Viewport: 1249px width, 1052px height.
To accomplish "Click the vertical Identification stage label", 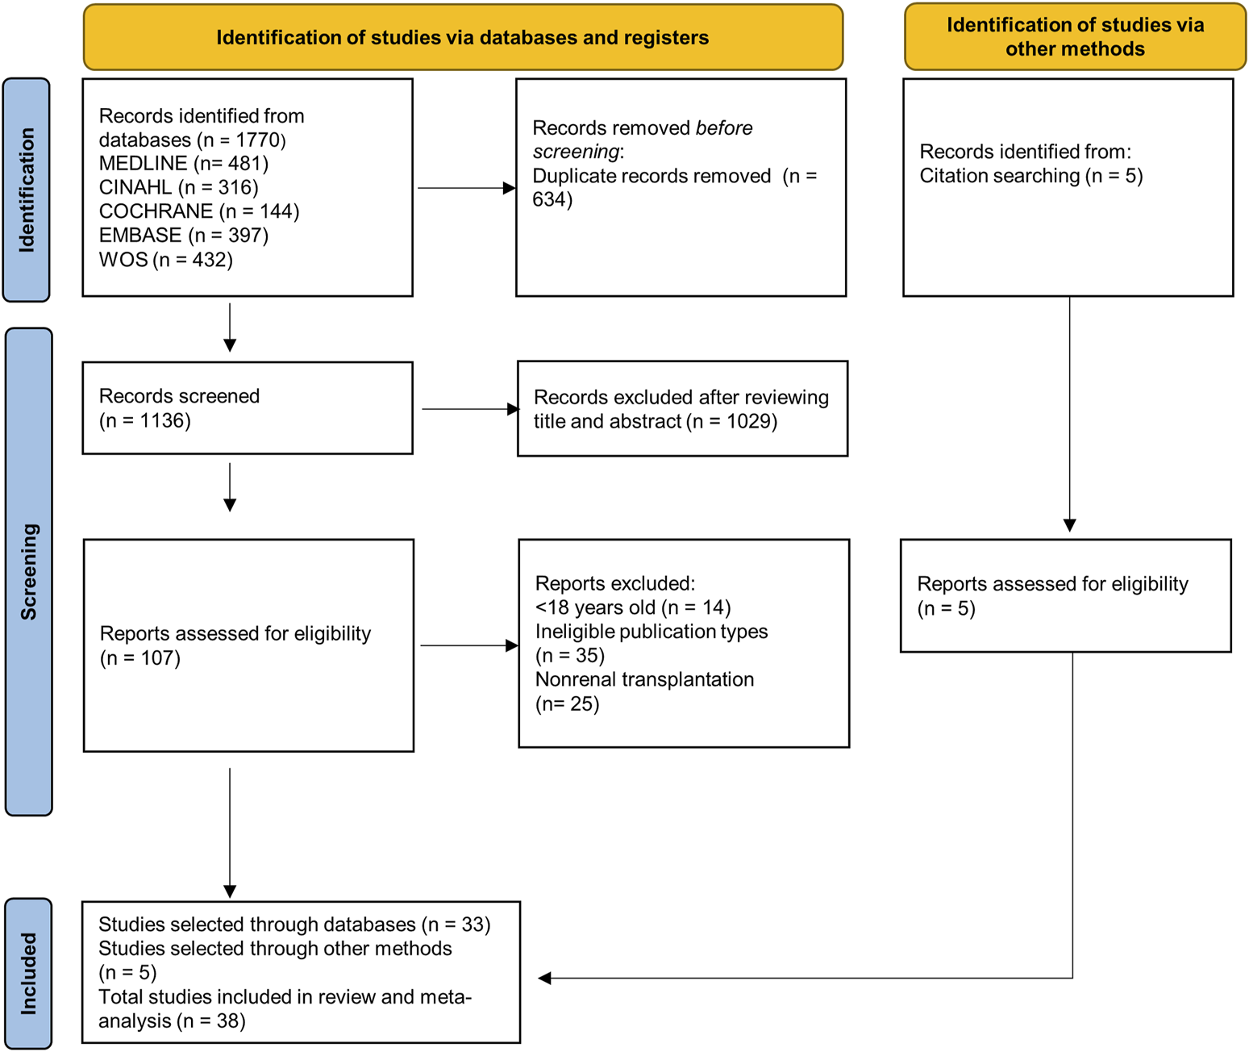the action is (x=27, y=190).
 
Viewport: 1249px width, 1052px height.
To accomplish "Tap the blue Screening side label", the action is (x=29, y=571).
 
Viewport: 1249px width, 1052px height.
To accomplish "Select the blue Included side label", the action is (x=28, y=973).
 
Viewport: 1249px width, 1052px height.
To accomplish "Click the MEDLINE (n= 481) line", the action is (x=184, y=163).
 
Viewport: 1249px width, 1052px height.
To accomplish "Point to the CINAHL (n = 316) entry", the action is (x=179, y=187).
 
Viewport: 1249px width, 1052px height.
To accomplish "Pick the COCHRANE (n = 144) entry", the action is (x=199, y=211).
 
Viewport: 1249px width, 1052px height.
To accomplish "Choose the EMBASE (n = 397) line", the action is (x=184, y=236).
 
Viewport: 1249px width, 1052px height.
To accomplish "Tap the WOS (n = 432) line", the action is (x=165, y=260).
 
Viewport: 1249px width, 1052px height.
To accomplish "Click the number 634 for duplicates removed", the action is (x=548, y=199).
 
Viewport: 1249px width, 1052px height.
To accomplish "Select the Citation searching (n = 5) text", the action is (x=1031, y=176).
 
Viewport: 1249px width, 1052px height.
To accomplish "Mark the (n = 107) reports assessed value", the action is (x=140, y=658).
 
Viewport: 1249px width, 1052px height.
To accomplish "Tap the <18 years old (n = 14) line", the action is (x=633, y=608).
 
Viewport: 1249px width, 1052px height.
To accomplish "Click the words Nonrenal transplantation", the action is (x=644, y=680).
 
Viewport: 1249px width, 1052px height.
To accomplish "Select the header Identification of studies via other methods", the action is (x=1075, y=36).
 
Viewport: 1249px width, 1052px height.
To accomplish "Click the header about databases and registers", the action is (x=463, y=37).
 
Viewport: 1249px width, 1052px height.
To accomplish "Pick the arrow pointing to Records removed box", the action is (x=467, y=188).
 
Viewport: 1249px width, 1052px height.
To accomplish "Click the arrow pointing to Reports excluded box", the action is (x=469, y=645).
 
